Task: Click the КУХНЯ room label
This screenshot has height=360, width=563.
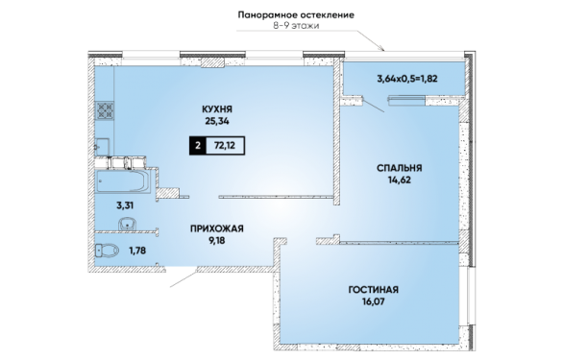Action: [x=217, y=108]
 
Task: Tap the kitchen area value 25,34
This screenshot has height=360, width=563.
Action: [x=217, y=121]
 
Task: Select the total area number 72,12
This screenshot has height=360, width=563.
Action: [x=225, y=145]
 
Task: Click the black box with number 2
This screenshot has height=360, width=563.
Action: [x=197, y=145]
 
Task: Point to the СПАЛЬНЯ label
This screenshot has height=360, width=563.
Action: [x=400, y=168]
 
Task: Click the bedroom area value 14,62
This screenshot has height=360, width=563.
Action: [x=400, y=180]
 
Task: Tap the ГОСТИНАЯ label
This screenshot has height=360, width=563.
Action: [x=374, y=289]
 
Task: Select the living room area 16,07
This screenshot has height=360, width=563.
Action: [x=374, y=301]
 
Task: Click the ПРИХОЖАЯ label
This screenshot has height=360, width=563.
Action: [x=217, y=228]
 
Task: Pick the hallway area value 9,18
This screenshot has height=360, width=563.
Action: [x=217, y=240]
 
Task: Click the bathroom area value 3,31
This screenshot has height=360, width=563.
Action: [x=125, y=205]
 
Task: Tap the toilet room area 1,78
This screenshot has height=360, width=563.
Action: [x=137, y=251]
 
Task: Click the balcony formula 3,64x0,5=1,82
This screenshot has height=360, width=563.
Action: [x=407, y=79]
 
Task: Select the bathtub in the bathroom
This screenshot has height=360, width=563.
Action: [x=123, y=180]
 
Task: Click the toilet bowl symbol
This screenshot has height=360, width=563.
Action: [x=107, y=251]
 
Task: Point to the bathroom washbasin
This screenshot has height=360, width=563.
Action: [x=127, y=224]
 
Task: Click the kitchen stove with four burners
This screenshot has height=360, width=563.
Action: [x=105, y=110]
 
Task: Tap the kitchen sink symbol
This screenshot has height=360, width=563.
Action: [x=102, y=147]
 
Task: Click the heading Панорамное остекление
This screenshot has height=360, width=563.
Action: [x=296, y=15]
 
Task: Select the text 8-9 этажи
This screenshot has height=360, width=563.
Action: [x=296, y=26]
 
